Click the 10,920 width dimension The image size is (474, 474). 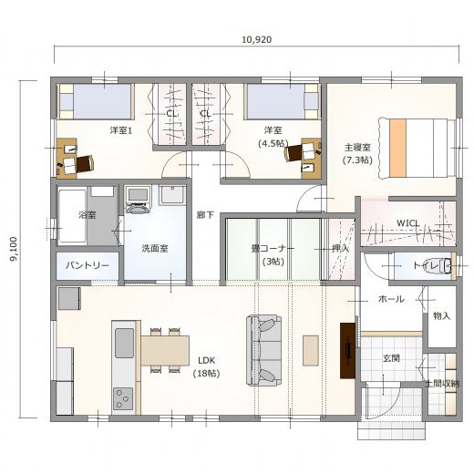pyautogui.click(x=257, y=40)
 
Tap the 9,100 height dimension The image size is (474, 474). pyautogui.click(x=14, y=249)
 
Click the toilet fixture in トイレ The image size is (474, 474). pyautogui.click(x=447, y=265)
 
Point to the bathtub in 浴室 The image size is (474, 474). pyautogui.click(x=73, y=216)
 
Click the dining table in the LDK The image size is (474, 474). pyautogui.click(x=165, y=350)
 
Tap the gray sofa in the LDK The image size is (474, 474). pyautogui.click(x=263, y=350)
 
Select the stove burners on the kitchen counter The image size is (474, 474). pyautogui.click(x=123, y=398)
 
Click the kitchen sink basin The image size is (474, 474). pyautogui.click(x=124, y=343)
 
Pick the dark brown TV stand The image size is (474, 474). pyautogui.click(x=347, y=351)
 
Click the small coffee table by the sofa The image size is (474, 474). pyautogui.click(x=311, y=350)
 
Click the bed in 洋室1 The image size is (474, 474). pyautogui.click(x=96, y=101)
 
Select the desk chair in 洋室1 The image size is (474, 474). pyautogui.click(x=85, y=164)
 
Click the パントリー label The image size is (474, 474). pyautogui.click(x=88, y=266)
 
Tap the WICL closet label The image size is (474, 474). pyautogui.click(x=408, y=223)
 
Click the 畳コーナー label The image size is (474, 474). pyautogui.click(x=273, y=248)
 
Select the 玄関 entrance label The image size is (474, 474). pyautogui.click(x=391, y=358)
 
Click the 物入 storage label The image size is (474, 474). pyautogui.click(x=441, y=316)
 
